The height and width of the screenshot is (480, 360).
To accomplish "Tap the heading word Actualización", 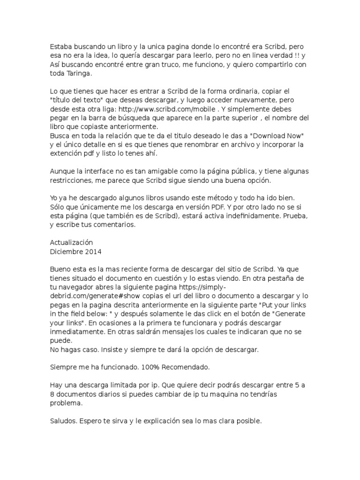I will [71, 243].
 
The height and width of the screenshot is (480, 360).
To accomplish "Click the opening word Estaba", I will [61, 47].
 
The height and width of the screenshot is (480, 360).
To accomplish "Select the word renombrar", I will [215, 145].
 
